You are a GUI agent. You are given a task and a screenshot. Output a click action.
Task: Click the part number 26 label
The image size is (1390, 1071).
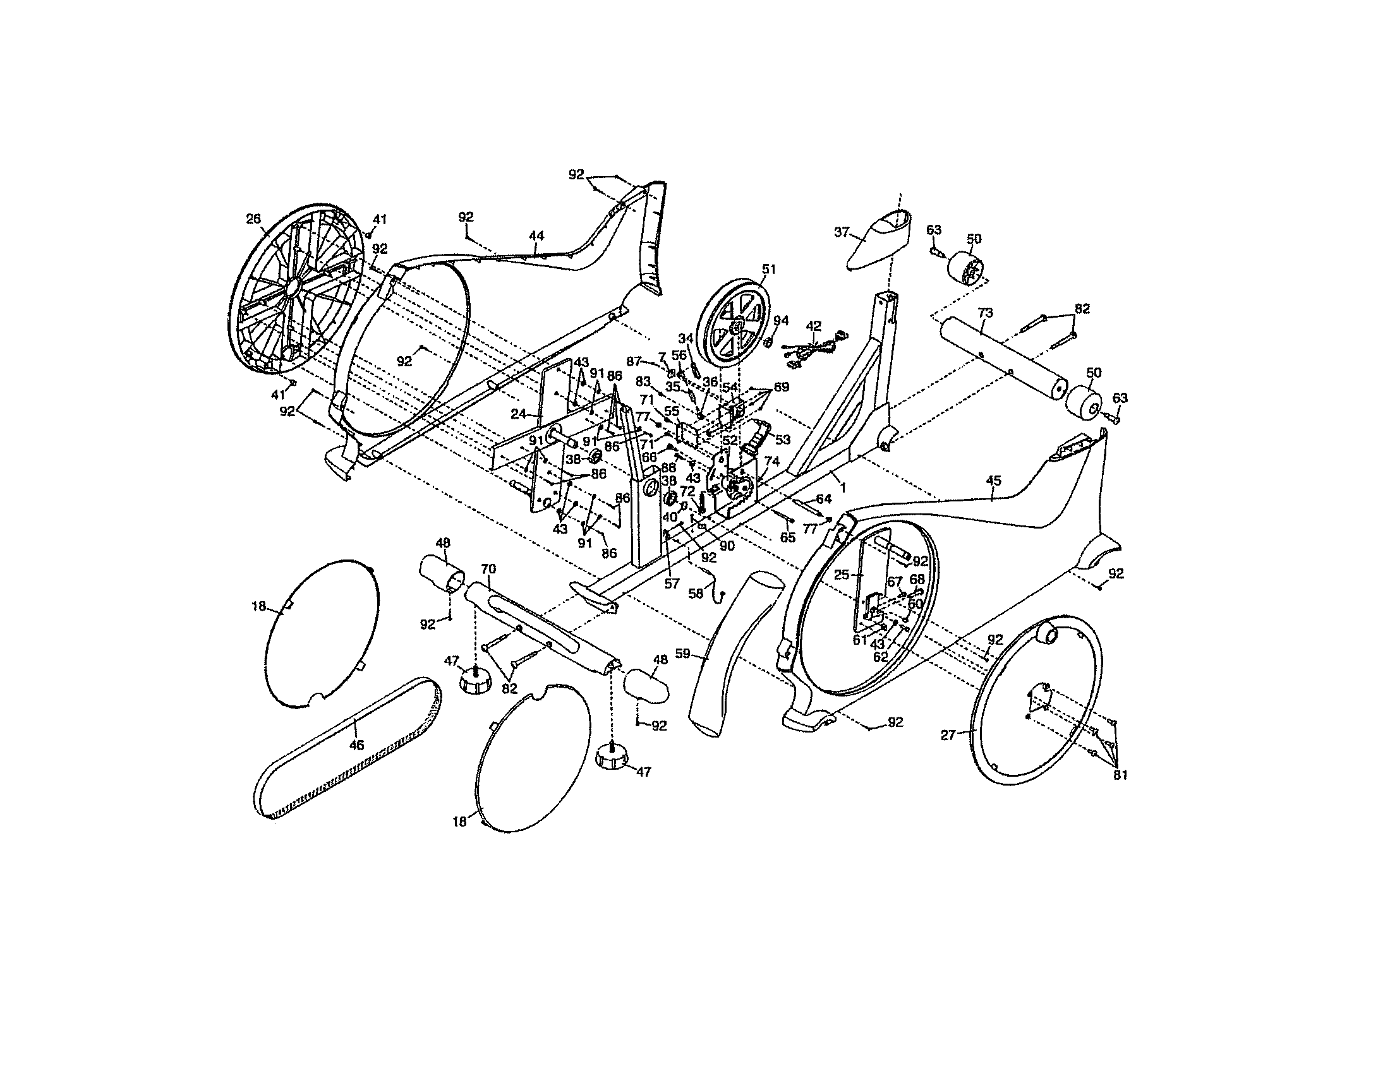[x=253, y=218]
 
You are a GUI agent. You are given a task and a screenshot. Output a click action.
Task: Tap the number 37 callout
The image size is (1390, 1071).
[x=842, y=232]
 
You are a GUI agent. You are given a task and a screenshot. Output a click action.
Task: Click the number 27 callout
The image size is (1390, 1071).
[x=948, y=735]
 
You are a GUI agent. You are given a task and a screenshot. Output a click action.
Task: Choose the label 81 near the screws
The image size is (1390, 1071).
[x=1120, y=775]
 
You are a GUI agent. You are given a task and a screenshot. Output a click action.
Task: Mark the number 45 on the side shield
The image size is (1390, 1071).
[x=993, y=481]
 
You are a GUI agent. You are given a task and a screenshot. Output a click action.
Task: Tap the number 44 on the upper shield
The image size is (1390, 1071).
[x=536, y=236]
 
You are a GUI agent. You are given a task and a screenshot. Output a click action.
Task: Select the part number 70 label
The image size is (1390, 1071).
[x=488, y=568]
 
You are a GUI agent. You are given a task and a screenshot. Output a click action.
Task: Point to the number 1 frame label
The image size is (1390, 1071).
[x=843, y=487]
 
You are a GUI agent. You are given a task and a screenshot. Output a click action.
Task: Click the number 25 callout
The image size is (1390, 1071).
[x=842, y=574]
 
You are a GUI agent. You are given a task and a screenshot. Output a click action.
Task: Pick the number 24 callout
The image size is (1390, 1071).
[x=519, y=414]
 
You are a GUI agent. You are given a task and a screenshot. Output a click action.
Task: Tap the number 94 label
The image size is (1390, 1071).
[x=781, y=321]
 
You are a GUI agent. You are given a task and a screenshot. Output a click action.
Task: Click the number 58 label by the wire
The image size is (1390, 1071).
[x=696, y=594]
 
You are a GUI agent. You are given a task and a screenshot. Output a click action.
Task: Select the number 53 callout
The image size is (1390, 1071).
[x=782, y=440]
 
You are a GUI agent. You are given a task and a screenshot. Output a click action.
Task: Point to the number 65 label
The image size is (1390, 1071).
[x=788, y=537]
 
